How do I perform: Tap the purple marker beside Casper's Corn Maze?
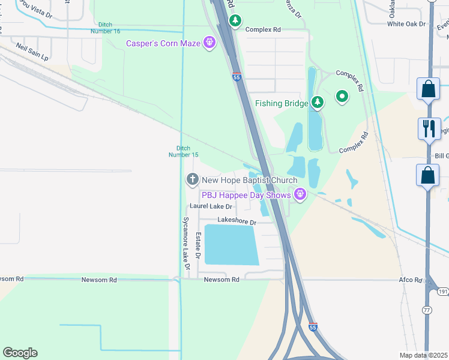209,43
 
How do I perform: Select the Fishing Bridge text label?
282,103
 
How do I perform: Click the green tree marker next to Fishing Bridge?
318,103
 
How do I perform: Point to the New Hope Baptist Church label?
249,180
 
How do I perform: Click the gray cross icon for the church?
192,179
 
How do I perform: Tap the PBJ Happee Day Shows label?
246,194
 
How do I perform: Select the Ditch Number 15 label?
183,151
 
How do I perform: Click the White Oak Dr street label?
406,24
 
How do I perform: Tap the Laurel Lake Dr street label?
211,206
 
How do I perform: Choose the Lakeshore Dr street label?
237,222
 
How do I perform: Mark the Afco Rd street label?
411,280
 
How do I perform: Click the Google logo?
20,353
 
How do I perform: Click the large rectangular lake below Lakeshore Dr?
232,245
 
